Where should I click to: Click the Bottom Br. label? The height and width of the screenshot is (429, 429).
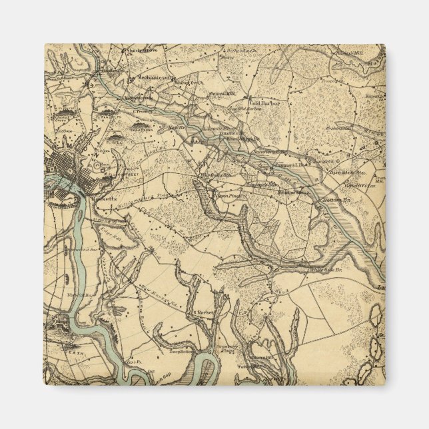(338, 199)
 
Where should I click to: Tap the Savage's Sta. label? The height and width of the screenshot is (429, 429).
(261, 185)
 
